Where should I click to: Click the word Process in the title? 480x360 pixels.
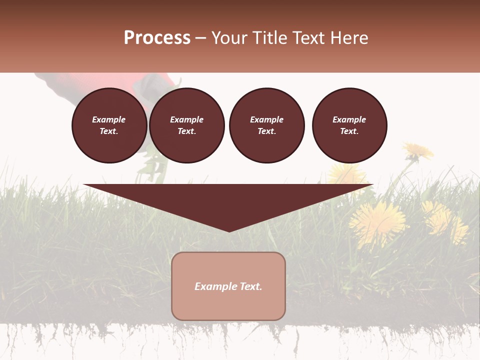tap(157, 38)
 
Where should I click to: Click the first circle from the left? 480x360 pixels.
tap(109, 125)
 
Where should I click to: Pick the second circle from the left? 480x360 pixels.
tap(187, 125)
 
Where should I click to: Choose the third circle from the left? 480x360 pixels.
tap(266, 125)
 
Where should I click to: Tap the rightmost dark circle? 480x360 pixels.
tap(349, 125)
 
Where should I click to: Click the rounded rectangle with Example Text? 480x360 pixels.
tap(228, 286)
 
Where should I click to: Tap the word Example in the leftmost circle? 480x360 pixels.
tap(109, 119)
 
